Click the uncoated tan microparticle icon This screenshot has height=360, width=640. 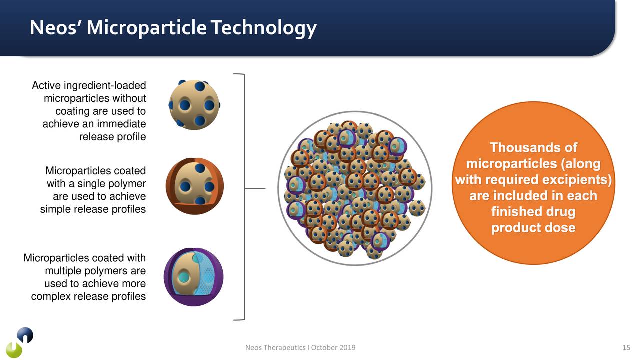pos(194,105)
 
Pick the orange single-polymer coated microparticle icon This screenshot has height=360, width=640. pos(194,186)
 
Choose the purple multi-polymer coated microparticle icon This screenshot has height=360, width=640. pos(194,277)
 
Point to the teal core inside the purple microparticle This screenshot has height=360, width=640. pos(183,277)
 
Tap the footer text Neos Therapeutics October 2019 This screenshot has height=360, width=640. pos(300,348)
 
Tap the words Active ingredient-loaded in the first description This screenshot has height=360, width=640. pos(89,86)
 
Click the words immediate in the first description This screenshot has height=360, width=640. pos(121,124)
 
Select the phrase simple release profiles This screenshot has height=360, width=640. pos(93,209)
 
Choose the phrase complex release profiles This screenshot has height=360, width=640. pos(88,297)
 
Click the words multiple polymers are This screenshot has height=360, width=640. pos(95,271)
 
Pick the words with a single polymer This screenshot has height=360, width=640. pos(96,184)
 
